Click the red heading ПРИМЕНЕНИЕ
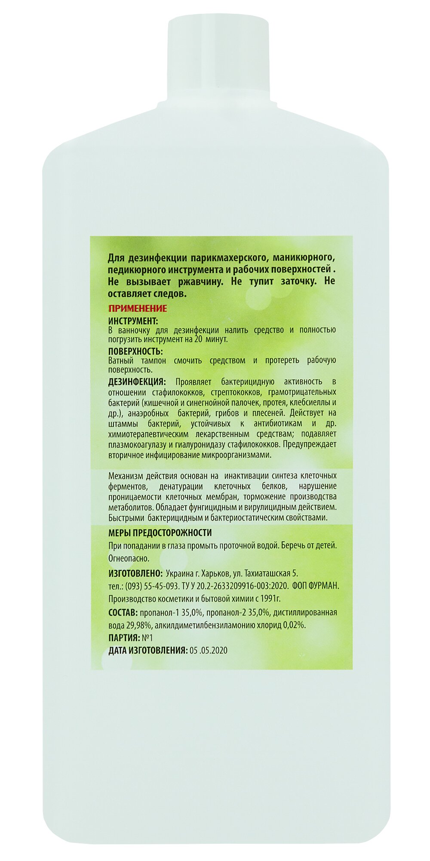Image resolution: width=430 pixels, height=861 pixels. click(x=137, y=309)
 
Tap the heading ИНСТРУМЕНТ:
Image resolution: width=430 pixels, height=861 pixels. click(x=133, y=321)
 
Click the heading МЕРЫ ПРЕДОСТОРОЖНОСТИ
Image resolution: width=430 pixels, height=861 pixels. click(x=160, y=533)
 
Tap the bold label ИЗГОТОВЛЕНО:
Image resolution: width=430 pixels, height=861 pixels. click(x=135, y=573)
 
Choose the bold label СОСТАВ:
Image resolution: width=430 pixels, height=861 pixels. click(x=123, y=613)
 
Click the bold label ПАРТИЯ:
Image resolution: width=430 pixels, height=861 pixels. click(x=124, y=638)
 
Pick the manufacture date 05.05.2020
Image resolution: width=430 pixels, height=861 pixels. click(x=209, y=650)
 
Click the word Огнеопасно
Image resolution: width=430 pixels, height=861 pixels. click(x=129, y=558)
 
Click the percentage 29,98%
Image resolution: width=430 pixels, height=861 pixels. click(x=138, y=626)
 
